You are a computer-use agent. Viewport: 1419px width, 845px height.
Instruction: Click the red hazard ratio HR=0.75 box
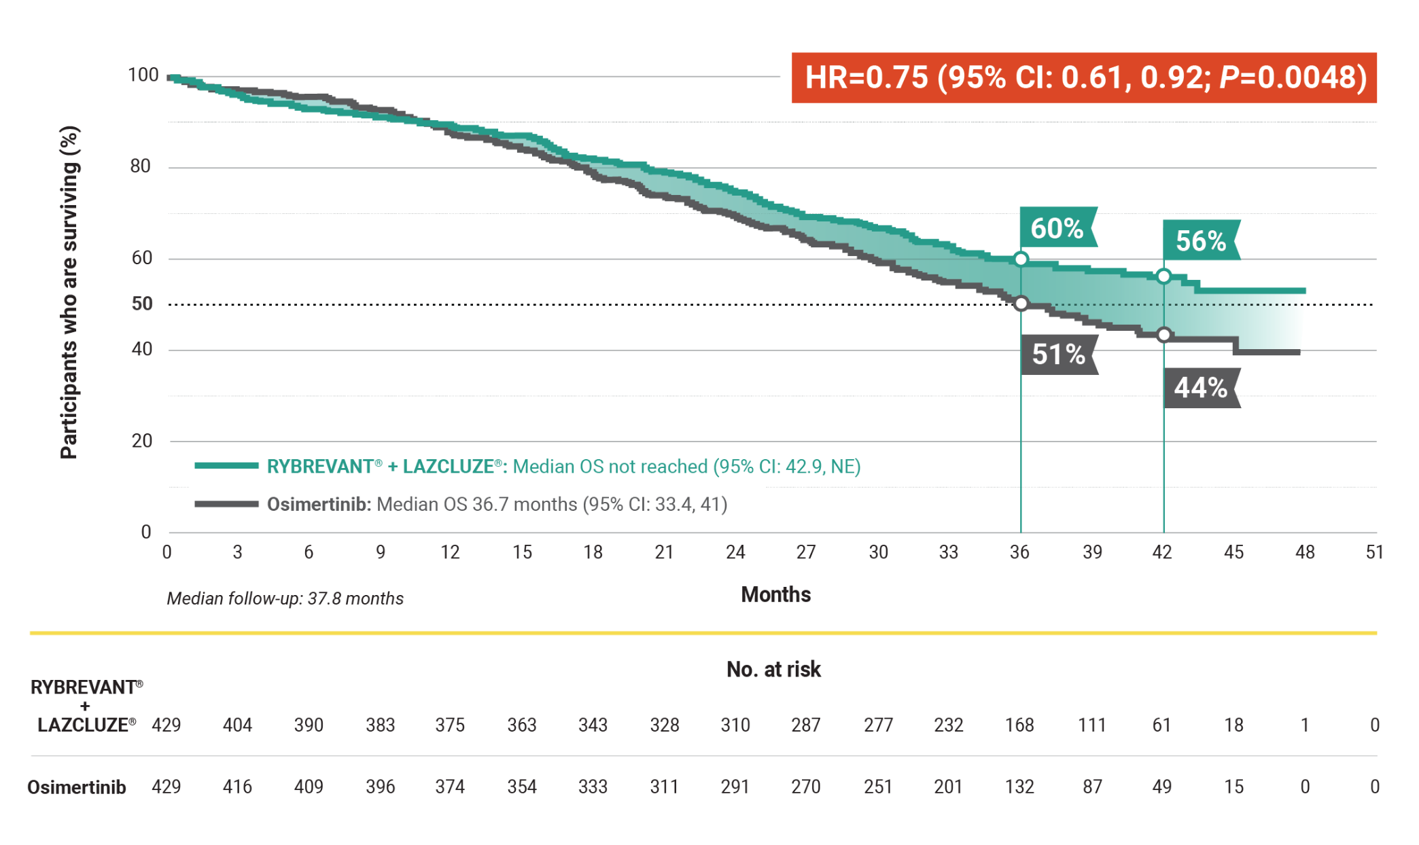1084,77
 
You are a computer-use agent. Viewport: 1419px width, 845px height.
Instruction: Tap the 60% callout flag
1057,228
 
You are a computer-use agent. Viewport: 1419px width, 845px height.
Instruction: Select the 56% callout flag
1201,240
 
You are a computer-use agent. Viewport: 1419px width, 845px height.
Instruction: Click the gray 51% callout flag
1059,354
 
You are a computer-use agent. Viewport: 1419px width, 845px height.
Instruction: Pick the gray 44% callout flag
1201,388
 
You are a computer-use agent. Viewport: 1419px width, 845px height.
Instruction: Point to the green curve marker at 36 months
1021,259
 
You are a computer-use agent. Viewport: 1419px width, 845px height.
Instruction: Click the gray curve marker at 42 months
1164,335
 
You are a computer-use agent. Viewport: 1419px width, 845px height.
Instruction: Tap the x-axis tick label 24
735,552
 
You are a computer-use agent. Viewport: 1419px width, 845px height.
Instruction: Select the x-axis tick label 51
1375,552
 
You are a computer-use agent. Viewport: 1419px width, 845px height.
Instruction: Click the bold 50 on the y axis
142,304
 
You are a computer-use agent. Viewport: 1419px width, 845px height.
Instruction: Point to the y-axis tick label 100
143,75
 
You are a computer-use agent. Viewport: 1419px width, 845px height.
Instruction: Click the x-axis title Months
775,594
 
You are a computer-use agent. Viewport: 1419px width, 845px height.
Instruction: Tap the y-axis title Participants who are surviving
69,292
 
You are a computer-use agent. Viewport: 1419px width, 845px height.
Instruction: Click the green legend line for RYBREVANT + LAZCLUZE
226,466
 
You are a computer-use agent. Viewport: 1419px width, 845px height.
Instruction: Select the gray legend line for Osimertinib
226,504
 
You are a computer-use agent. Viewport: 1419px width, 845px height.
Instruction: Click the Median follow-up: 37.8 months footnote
285,598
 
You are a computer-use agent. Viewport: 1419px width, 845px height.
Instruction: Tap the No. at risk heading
773,670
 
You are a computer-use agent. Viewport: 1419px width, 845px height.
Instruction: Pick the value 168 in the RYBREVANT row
1019,725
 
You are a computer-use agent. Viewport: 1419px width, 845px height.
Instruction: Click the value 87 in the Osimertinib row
1092,787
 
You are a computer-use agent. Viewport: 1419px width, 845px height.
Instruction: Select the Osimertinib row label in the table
77,787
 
